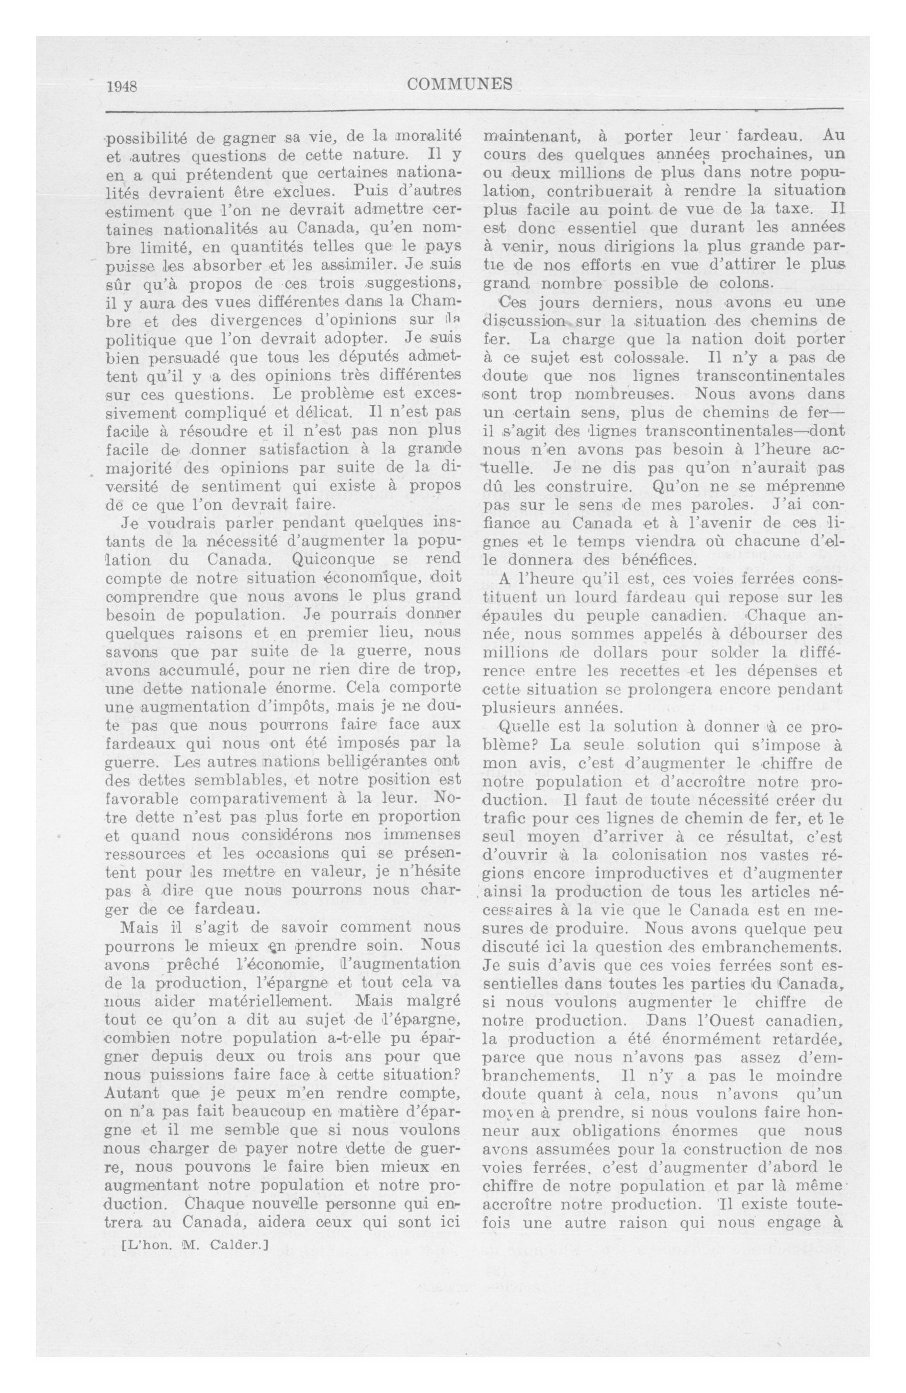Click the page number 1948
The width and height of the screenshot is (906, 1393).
[122, 87]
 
